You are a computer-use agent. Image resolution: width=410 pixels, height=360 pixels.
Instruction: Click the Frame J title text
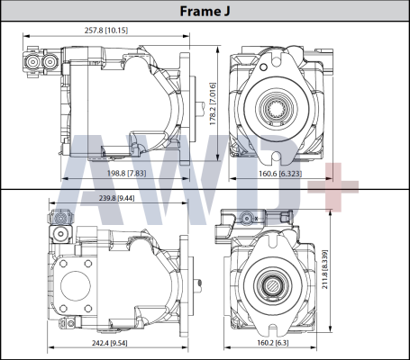point(205,12)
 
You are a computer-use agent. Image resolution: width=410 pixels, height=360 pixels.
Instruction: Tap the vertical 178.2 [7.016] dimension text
point(214,103)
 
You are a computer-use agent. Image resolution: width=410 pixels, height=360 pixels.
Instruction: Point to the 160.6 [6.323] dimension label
point(278,174)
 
